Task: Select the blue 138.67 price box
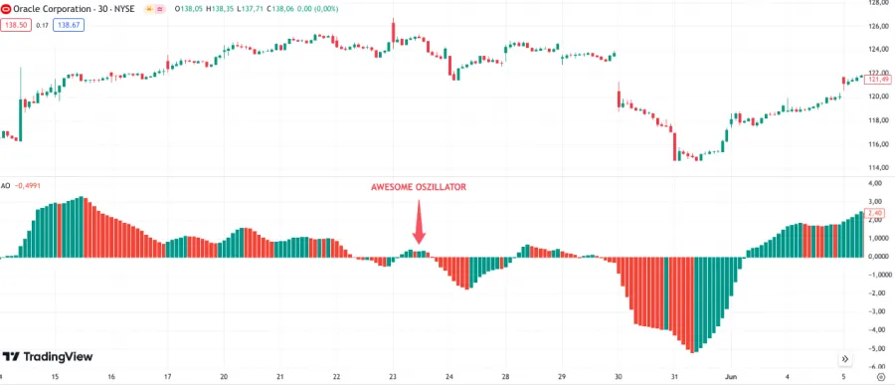(x=71, y=25)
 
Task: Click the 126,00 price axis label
(x=878, y=26)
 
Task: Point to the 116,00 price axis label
(x=878, y=144)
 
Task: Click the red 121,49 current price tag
(x=877, y=80)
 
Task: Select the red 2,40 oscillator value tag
(x=876, y=212)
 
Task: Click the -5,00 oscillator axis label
(x=877, y=349)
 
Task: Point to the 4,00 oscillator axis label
(x=877, y=184)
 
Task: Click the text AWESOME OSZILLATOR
(x=418, y=187)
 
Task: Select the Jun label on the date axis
(x=730, y=377)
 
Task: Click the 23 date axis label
(x=393, y=377)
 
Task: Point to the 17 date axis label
(x=168, y=377)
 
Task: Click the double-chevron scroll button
(x=844, y=358)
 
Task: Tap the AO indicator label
(x=6, y=185)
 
